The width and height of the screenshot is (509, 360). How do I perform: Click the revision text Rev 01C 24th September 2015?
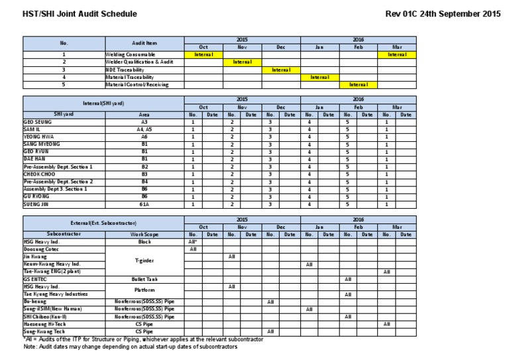[443, 13]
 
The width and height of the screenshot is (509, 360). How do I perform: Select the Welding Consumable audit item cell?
[130, 54]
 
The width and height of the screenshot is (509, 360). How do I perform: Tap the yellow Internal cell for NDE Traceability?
[280, 70]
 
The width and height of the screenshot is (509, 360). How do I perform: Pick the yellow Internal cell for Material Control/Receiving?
[358, 85]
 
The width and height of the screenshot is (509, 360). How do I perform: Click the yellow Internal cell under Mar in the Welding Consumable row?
[397, 54]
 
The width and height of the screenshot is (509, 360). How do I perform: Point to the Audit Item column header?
[144, 42]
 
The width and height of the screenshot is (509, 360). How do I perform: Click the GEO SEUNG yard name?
[37, 123]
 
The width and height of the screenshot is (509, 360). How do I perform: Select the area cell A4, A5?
[144, 130]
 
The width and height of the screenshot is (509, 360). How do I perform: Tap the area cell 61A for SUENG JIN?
[144, 205]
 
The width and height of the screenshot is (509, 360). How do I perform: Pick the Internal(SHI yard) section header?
[103, 103]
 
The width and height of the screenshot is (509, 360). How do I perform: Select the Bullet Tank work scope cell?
[144, 279]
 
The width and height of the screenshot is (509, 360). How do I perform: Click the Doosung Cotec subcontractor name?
[42, 249]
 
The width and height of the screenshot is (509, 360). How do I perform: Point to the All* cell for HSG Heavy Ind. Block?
[194, 242]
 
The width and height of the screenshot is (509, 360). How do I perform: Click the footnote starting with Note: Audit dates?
[129, 346]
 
